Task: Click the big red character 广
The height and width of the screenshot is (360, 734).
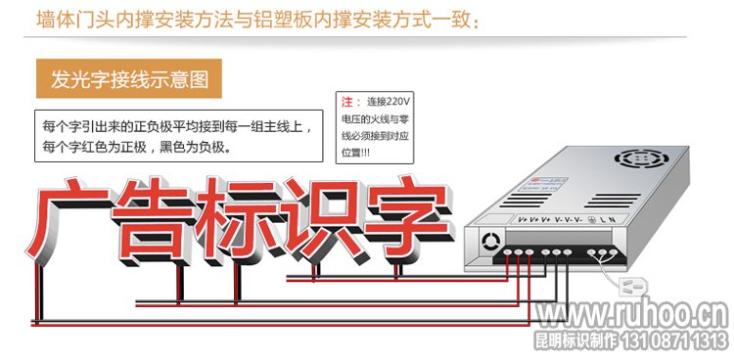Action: coord(73,218)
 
